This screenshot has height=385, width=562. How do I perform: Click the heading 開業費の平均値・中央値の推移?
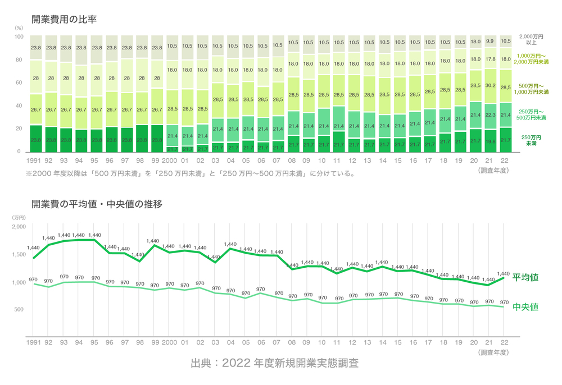(97, 205)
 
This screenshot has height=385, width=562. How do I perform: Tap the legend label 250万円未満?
(531, 140)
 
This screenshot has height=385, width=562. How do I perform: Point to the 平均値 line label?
(525, 277)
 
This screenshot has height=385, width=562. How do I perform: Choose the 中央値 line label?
(525, 307)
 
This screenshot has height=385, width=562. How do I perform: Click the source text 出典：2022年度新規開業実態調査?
(274, 363)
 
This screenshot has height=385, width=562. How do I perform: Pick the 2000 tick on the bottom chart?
(169, 341)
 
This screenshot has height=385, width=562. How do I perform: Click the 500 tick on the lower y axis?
(20, 310)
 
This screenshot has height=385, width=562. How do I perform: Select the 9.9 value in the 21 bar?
(490, 42)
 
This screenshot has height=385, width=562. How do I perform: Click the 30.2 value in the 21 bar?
(490, 85)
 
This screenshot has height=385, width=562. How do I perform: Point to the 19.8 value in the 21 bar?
(490, 142)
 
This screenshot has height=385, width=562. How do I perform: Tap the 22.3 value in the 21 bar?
(490, 114)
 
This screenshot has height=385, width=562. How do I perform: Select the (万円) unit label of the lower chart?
(19, 217)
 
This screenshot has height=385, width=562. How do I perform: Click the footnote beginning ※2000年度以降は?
(190, 173)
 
